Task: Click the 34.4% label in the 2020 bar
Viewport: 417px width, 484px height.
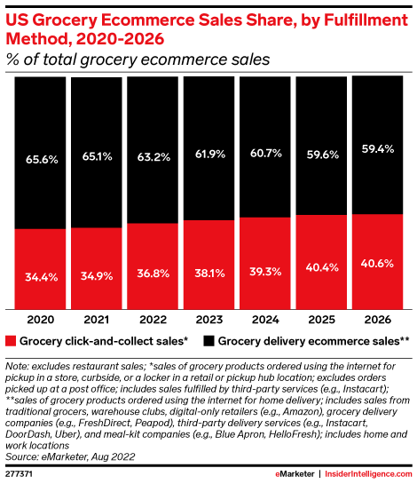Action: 40,277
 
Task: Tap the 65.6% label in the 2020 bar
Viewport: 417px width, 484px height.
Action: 40,159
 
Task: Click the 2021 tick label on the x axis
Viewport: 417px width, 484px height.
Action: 96,318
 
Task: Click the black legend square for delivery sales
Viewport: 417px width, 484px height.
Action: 208,340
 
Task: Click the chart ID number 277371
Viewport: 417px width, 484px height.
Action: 21,474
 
